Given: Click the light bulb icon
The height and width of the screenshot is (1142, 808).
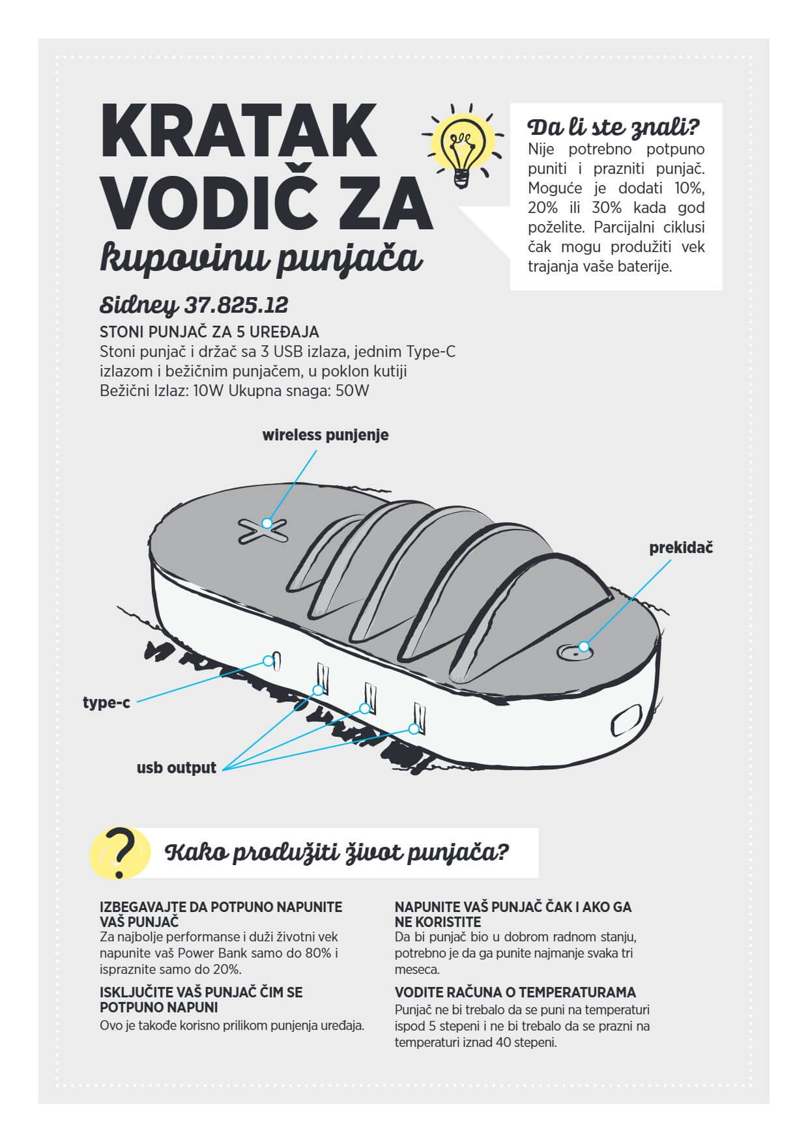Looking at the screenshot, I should [463, 147].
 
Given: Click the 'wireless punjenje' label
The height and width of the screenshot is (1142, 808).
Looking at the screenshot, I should [325, 435].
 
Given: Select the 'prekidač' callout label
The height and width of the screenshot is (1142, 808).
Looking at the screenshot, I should [681, 548].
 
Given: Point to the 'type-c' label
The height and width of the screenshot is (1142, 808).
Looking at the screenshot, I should [106, 703].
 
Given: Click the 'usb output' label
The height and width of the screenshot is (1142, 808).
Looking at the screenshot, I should [176, 768].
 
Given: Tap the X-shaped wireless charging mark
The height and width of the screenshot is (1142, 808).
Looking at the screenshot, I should [263, 530].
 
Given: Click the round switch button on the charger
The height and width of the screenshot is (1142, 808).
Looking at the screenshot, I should [576, 649].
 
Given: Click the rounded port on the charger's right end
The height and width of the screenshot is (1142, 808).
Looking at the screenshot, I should [628, 721].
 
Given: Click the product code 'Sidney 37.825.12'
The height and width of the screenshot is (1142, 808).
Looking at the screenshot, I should [194, 305].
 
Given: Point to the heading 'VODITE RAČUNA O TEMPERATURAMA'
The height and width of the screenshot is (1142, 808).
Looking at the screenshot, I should [515, 993].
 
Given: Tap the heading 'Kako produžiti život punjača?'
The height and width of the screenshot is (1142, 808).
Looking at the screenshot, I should [338, 853].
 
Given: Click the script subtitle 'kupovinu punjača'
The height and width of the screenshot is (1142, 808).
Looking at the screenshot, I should [261, 259].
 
